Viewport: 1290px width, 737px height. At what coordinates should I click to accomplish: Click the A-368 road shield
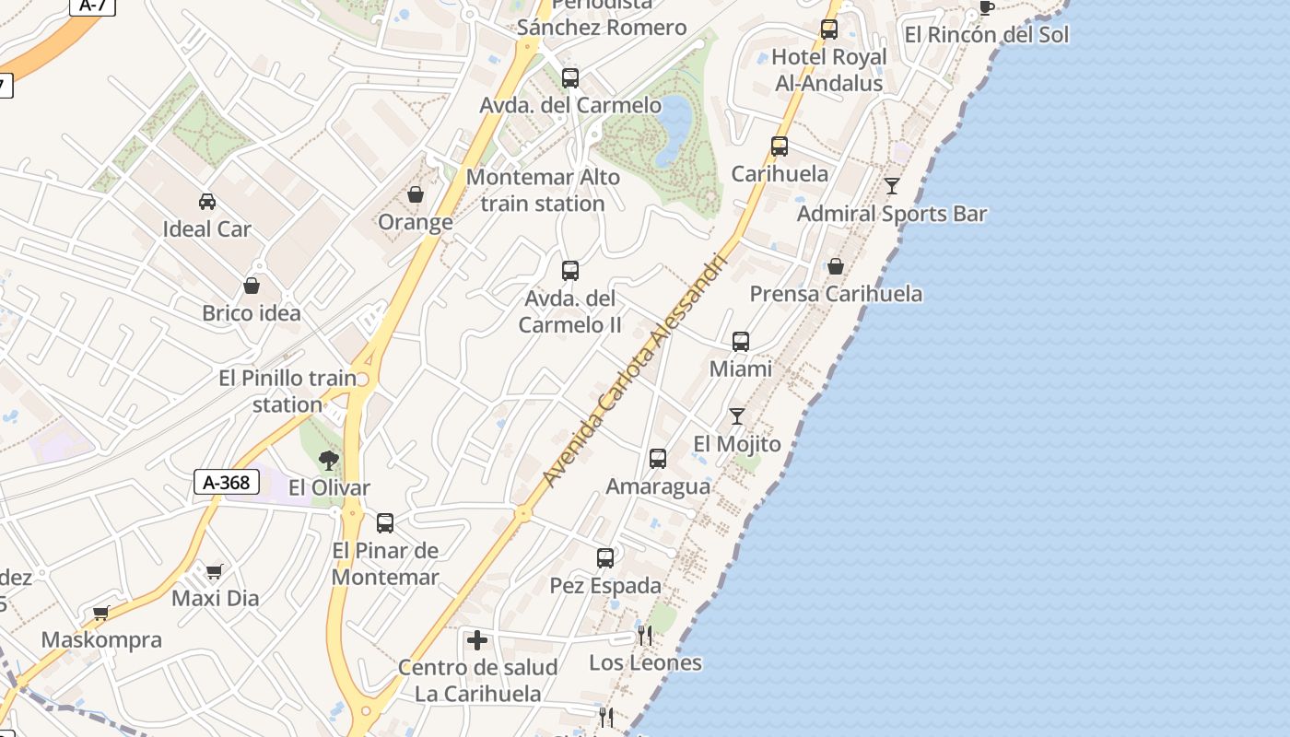click(227, 482)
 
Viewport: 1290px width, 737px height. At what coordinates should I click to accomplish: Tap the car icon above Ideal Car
click(207, 202)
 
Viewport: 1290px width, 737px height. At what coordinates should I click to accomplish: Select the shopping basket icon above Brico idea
click(252, 286)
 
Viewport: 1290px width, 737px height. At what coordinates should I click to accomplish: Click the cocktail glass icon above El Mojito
click(737, 416)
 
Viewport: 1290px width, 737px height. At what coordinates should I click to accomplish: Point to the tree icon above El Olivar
click(329, 460)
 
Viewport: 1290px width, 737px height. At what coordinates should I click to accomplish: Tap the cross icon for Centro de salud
click(477, 640)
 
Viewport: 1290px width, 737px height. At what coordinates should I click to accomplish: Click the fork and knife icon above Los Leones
click(645, 635)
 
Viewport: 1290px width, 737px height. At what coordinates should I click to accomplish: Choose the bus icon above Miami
click(741, 342)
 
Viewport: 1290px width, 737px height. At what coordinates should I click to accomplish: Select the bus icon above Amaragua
click(658, 459)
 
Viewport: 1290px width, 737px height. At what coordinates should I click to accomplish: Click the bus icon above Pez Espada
click(605, 558)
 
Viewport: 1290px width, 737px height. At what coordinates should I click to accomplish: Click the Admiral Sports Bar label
click(892, 215)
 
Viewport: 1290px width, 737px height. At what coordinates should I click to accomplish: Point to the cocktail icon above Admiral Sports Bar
click(892, 186)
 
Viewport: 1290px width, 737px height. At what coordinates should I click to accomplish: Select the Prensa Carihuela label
click(836, 294)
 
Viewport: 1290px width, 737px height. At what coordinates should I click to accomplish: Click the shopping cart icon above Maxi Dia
click(215, 572)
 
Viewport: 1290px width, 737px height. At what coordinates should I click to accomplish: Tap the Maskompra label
click(101, 640)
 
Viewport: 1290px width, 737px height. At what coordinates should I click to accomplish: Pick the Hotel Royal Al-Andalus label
click(829, 70)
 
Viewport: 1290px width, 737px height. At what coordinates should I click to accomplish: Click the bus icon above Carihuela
click(780, 146)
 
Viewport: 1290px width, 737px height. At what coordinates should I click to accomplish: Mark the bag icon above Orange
click(416, 194)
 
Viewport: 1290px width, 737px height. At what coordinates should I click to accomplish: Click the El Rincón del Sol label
click(987, 35)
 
